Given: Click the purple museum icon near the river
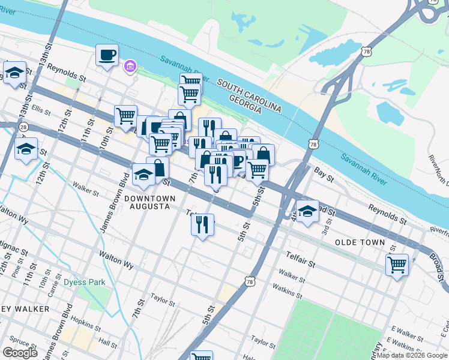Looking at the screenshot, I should point(129,65).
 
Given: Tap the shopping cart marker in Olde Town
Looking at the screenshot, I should point(397,264).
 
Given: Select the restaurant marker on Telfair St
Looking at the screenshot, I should point(202,225).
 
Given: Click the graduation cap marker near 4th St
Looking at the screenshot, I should point(307,212).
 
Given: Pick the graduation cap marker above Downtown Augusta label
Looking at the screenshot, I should point(143,175).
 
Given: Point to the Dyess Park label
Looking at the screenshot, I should point(85,282).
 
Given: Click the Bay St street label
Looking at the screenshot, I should point(323,172).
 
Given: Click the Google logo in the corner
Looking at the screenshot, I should point(20,353).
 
